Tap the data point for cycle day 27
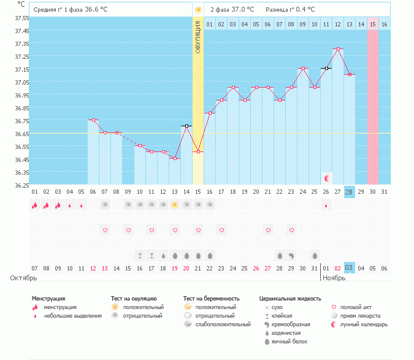click(x=337, y=48)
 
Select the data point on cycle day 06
click(x=93, y=120)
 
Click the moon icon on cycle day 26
click(x=327, y=178)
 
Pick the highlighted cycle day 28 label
click(x=349, y=192)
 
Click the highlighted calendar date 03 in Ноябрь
click(x=349, y=268)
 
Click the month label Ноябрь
click(x=334, y=278)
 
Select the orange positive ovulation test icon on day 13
click(x=174, y=205)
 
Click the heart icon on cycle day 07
click(x=105, y=230)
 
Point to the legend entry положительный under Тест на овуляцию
click(x=143, y=307)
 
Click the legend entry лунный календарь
click(x=364, y=324)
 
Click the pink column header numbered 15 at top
click(x=372, y=24)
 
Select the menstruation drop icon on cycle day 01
click(x=35, y=205)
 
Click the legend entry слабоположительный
click(x=222, y=324)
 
